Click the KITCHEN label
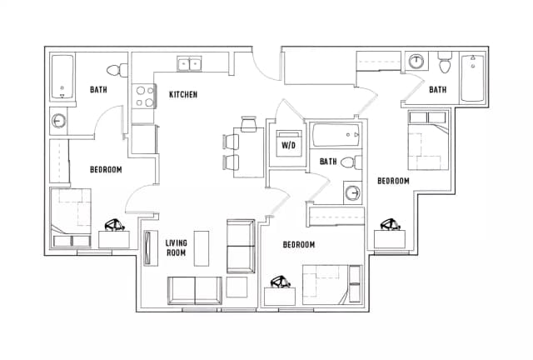point(183,94)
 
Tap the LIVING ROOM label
point(176,247)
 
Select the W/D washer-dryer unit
point(289,143)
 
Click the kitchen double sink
point(189,64)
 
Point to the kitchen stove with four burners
point(144,97)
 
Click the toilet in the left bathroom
point(117,70)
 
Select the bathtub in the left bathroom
point(62,77)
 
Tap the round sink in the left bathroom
point(59,121)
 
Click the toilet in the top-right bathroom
point(444,62)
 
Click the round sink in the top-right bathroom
point(416,61)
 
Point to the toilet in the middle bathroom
point(351,162)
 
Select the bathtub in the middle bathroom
point(336,135)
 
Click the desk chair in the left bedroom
point(115,225)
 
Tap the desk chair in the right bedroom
point(391,224)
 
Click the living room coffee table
point(202,248)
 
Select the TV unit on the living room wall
point(150,248)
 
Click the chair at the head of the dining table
point(248,124)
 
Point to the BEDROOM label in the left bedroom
point(106,169)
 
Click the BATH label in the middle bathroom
point(328,162)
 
